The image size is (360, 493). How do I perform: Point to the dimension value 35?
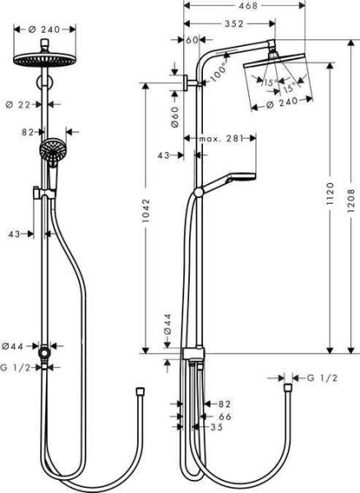216,428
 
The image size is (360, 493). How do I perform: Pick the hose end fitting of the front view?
140,390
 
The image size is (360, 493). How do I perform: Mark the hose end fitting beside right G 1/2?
288,384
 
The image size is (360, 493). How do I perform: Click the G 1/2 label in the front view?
16,368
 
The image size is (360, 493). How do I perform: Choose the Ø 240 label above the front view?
37,27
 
